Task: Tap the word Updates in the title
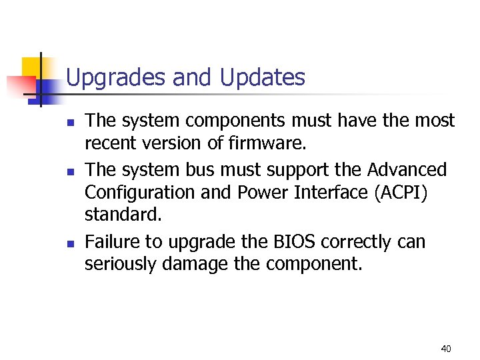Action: coord(262,79)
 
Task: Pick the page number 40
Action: coord(446,348)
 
